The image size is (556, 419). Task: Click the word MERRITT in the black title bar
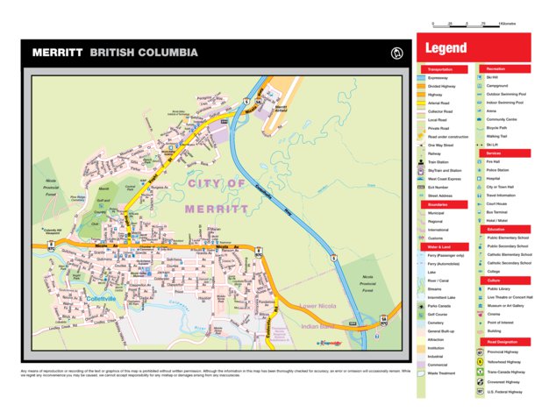[58, 53]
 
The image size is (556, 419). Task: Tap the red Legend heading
[446, 48]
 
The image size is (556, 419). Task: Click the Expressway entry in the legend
[438, 78]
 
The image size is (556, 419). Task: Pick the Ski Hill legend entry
[492, 77]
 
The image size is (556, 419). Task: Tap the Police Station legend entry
[498, 170]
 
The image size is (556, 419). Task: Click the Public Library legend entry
[499, 288]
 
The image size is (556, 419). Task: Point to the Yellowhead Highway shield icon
[480, 361]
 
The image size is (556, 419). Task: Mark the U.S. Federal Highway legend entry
[503, 392]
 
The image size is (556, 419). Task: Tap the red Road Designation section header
[503, 341]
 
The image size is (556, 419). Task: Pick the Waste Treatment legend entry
[441, 373]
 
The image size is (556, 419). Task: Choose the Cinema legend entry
[492, 314]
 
